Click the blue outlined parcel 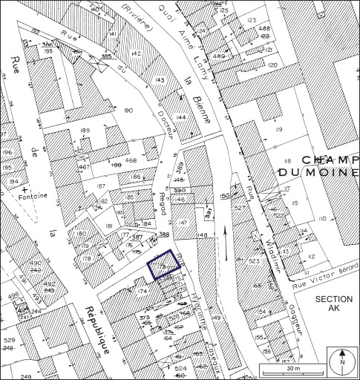(165, 264)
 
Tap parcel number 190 (128, 111)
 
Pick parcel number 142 (136, 53)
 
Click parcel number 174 (143, 291)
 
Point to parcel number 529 (9, 340)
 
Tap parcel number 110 (322, 219)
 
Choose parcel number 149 (217, 319)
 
